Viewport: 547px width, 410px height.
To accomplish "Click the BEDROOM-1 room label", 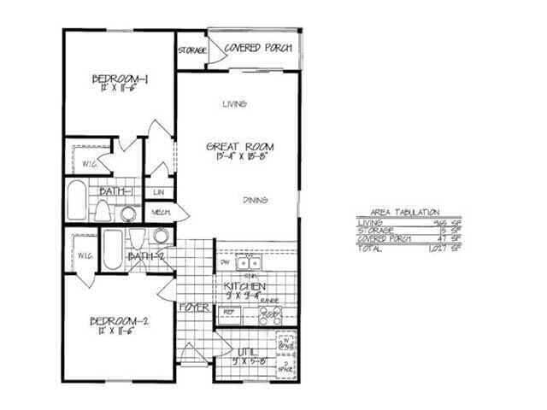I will click(121, 80).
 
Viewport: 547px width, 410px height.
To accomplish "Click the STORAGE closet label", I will click(192, 51).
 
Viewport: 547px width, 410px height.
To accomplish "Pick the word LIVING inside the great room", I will click(234, 104).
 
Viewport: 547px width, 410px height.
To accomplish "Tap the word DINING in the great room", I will click(255, 200).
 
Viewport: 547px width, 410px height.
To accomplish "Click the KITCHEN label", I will click(244, 286).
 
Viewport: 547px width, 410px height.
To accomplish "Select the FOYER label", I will click(196, 306).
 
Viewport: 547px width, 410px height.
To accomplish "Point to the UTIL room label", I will click(247, 351).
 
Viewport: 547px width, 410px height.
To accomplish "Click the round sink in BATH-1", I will click(129, 213).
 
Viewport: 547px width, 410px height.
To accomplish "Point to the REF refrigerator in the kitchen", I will click(229, 313).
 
